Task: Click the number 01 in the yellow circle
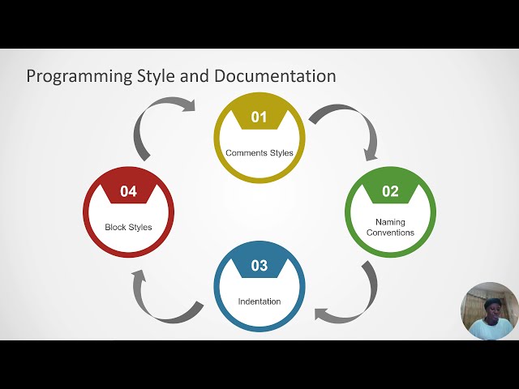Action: [259, 118]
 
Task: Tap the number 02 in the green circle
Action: [390, 191]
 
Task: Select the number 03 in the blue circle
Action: [259, 265]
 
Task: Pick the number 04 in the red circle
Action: [129, 191]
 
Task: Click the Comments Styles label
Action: [259, 152]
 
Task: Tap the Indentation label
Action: [259, 301]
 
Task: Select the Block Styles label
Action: [128, 227]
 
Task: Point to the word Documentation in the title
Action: [275, 76]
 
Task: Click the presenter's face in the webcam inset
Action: [491, 309]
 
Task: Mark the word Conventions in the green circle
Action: [390, 233]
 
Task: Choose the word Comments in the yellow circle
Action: [245, 152]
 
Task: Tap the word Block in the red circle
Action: [115, 227]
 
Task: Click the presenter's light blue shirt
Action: [491, 329]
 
